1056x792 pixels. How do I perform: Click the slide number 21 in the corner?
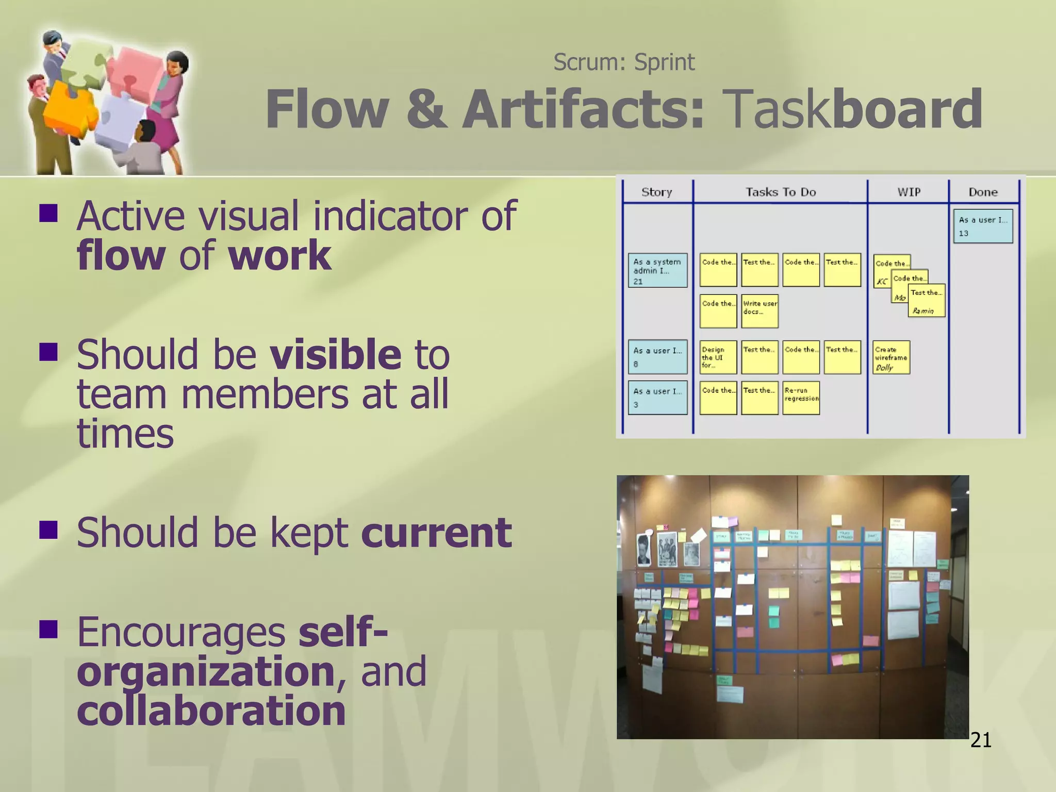pyautogui.click(x=980, y=740)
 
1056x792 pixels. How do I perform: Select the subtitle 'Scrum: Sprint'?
pyautogui.click(x=624, y=62)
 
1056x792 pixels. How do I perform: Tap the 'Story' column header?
pyautogui.click(x=656, y=192)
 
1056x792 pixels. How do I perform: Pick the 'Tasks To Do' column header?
pyautogui.click(x=780, y=192)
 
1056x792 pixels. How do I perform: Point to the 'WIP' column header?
pyautogui.click(x=908, y=192)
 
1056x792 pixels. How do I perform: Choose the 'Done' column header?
pyautogui.click(x=983, y=192)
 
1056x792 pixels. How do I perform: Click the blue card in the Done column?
pyautogui.click(x=983, y=226)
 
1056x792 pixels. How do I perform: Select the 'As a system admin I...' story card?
pyautogui.click(x=657, y=270)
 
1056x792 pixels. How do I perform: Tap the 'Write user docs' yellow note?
pyautogui.click(x=760, y=311)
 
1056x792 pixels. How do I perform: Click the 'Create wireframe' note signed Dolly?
pyautogui.click(x=891, y=357)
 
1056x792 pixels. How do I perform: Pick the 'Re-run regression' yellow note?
pyautogui.click(x=801, y=398)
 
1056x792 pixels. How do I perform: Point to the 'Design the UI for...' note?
pyautogui.click(x=718, y=357)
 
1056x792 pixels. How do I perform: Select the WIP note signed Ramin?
pyautogui.click(x=927, y=301)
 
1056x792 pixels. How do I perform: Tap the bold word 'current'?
pyautogui.click(x=436, y=533)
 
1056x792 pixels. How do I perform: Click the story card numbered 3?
pyautogui.click(x=657, y=398)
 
